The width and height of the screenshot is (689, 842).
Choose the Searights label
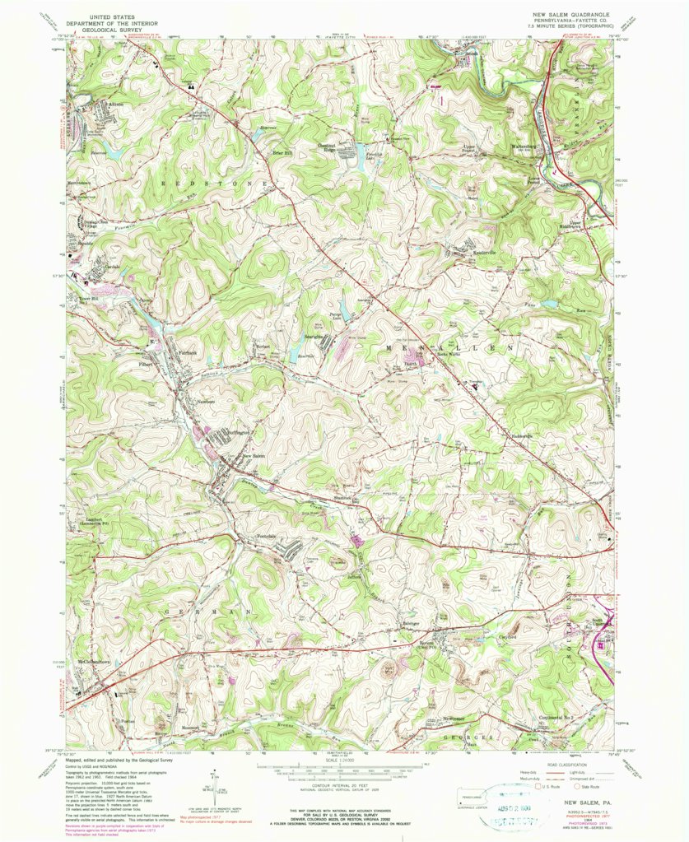[317, 336]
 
